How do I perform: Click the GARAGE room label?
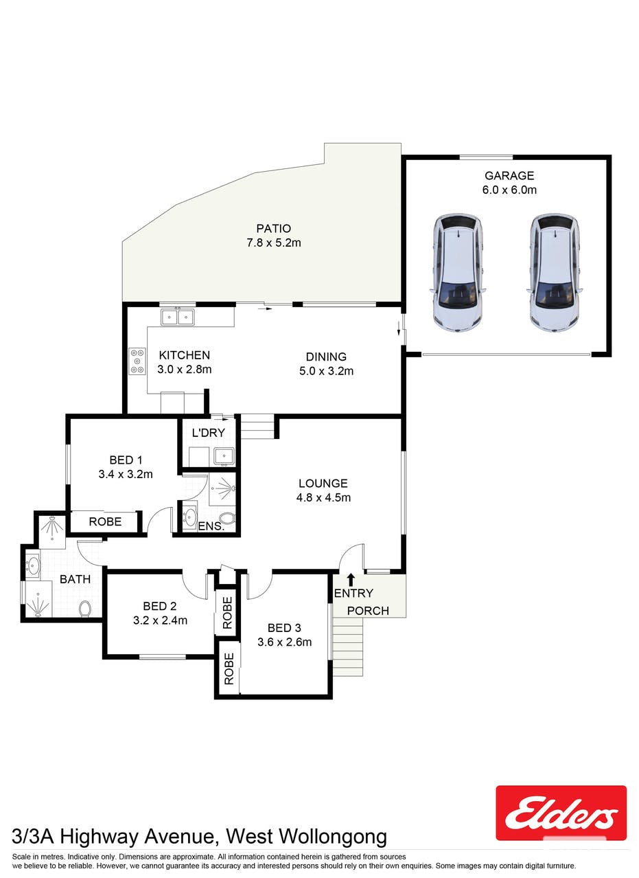[509, 175]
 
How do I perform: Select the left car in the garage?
[458, 273]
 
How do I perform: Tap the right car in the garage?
[554, 273]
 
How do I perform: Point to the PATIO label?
[274, 228]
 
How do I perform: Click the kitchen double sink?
[177, 317]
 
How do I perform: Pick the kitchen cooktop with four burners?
[137, 361]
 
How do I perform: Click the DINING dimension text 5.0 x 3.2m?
[326, 371]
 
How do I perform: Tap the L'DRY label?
[208, 433]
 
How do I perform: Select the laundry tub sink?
[224, 457]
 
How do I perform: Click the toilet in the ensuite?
[226, 518]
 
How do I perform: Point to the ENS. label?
[211, 526]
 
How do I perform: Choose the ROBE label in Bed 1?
[105, 521]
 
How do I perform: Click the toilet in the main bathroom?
[85, 609]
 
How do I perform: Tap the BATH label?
[75, 579]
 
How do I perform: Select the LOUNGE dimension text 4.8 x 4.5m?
[323, 498]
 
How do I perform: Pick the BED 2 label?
[160, 606]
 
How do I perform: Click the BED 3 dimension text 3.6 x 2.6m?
[285, 642]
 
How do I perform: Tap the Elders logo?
[561, 813]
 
